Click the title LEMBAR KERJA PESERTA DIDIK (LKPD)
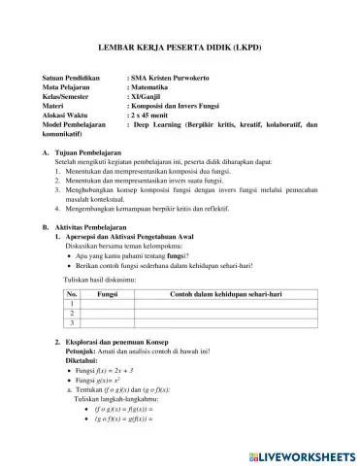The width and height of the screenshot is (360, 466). (180, 46)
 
